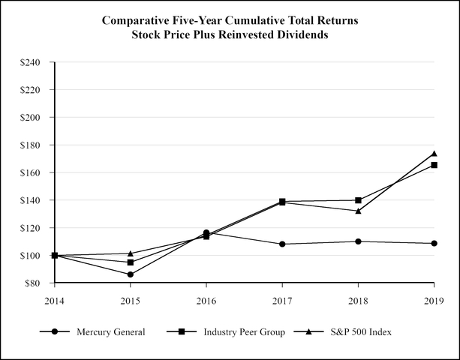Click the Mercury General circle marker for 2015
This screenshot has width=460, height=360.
pos(131,274)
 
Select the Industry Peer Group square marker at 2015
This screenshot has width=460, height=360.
pos(131,262)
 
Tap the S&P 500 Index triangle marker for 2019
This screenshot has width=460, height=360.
pos(434,154)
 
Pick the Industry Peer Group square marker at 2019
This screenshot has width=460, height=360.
pos(434,165)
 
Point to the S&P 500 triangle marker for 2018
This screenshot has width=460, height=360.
pos(358,211)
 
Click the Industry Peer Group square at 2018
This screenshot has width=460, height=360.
pos(358,200)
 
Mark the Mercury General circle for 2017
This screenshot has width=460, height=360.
pos(282,244)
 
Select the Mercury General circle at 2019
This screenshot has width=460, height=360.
pos(434,243)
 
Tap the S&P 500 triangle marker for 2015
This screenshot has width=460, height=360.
pos(131,253)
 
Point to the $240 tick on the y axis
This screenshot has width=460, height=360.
pos(35,62)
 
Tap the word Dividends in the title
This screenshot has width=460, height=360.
pos(300,35)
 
